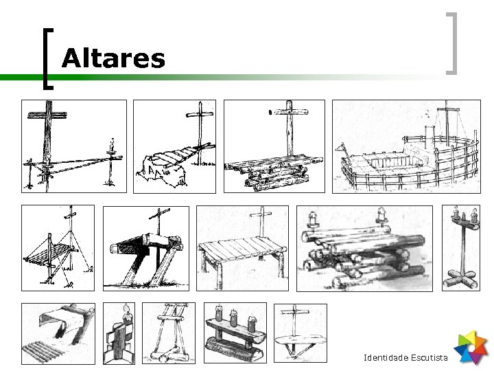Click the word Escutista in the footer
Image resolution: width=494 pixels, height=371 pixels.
tap(430, 359)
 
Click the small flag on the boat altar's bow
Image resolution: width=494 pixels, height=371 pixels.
tap(341, 148)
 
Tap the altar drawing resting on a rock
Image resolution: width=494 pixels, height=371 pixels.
tap(174, 147)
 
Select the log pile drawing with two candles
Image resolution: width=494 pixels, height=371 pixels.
tap(364, 248)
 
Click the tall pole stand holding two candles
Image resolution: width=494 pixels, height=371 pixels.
tap(460, 248)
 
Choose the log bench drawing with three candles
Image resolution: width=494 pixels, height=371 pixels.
tap(233, 333)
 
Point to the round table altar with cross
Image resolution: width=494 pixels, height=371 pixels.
tap(300, 333)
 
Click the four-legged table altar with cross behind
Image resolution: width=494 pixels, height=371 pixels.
tap(244, 248)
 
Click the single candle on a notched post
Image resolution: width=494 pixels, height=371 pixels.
tap(120, 333)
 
